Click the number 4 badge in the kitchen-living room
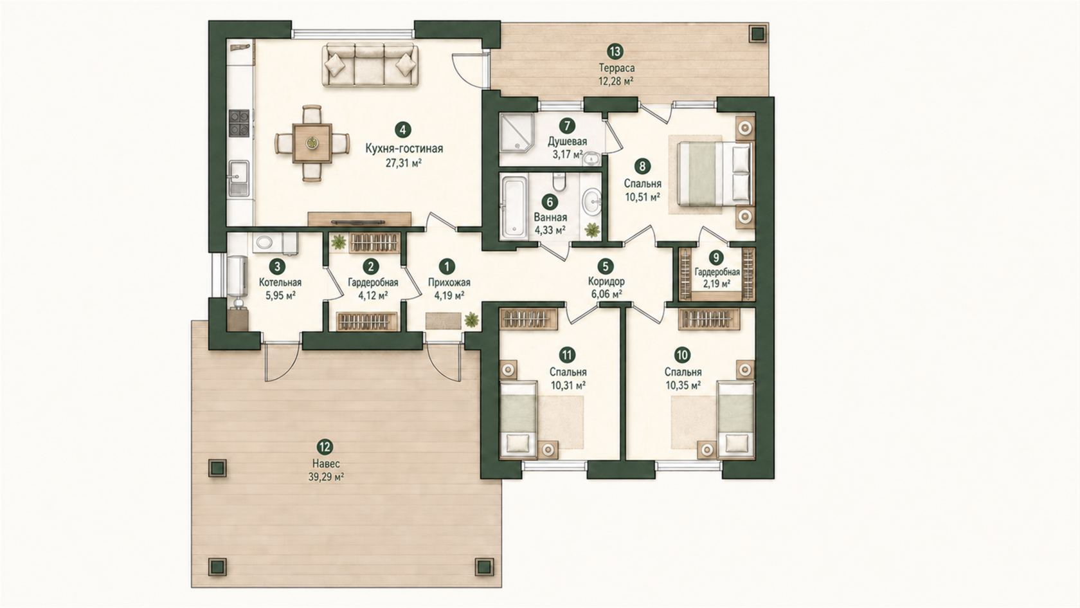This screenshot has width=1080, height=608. tap(402, 129)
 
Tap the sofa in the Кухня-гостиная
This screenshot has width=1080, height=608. tap(370, 65)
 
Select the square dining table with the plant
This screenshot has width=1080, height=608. tap(312, 143)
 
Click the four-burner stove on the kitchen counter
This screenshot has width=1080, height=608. tap(239, 123)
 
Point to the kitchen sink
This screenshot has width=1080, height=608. tap(239, 179)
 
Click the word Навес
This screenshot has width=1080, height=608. tap(326, 464)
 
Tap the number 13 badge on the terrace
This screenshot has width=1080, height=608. tap(615, 51)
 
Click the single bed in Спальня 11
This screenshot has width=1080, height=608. tap(518, 419)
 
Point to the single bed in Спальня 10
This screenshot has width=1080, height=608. tap(735, 419)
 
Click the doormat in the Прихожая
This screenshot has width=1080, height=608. tap(443, 320)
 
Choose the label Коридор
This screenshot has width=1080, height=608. tap(606, 281)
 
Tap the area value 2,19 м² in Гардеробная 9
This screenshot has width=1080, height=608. tap(716, 284)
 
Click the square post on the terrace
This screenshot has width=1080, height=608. tap(758, 33)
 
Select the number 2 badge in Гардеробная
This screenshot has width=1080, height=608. tap(371, 266)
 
